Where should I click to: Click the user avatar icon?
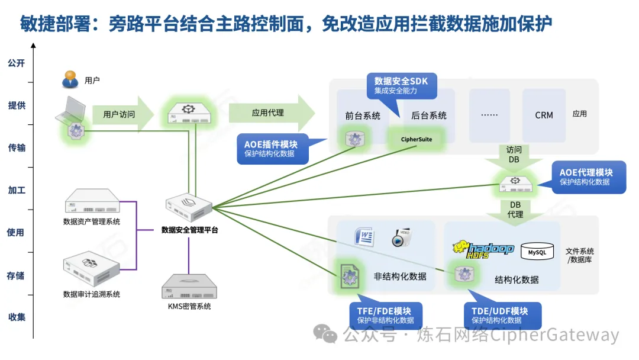tap(71, 79)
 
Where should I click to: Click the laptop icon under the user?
tap(70, 114)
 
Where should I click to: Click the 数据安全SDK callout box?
tap(401, 85)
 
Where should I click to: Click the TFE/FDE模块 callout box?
tap(383, 315)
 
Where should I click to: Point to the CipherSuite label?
tap(417, 139)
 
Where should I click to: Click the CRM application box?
tap(544, 115)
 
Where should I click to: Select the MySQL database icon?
tap(537, 252)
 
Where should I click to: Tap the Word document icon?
tap(364, 237)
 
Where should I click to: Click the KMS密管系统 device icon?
tap(189, 287)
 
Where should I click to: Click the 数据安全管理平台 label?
tap(189, 230)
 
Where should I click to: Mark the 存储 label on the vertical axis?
tap(16, 275)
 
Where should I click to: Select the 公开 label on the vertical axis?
tap(16, 63)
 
